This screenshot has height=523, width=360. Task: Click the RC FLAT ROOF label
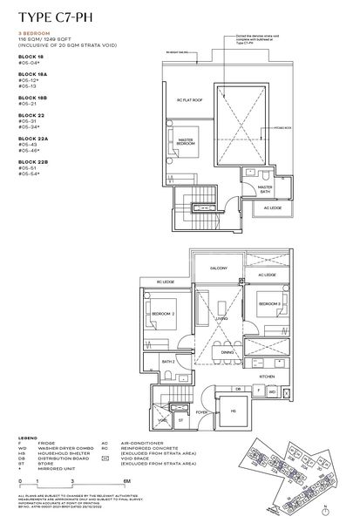pos(189,100)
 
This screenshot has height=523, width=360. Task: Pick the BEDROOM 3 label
pos(269,303)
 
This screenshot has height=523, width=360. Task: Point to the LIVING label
pos(223,319)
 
